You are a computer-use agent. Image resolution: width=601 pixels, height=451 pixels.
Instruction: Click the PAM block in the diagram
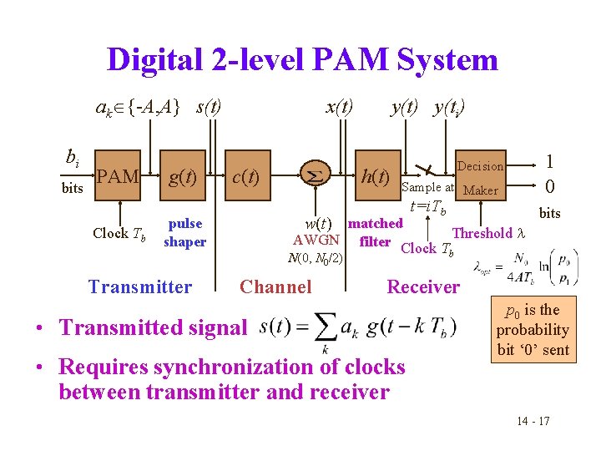pyautogui.click(x=117, y=177)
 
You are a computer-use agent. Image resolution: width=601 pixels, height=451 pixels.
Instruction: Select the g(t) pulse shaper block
pyautogui.click(x=183, y=177)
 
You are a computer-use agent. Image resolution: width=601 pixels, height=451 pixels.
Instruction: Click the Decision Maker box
pyautogui.click(x=480, y=178)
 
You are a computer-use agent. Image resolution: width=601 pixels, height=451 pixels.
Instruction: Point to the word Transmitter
pyautogui.click(x=140, y=287)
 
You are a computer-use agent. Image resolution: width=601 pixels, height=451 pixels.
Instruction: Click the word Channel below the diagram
pyautogui.click(x=275, y=287)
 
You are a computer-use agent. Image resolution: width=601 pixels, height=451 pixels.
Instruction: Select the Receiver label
pyautogui.click(x=422, y=287)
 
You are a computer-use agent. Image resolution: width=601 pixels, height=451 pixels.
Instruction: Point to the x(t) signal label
pyautogui.click(x=339, y=107)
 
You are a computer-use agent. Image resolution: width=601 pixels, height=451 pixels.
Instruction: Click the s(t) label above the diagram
pyautogui.click(x=208, y=107)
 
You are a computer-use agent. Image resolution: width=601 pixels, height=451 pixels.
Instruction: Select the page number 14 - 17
pyautogui.click(x=532, y=420)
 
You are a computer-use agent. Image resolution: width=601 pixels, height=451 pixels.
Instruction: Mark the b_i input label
pyautogui.click(x=73, y=158)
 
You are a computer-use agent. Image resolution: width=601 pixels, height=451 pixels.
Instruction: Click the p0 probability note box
pyautogui.click(x=533, y=330)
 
